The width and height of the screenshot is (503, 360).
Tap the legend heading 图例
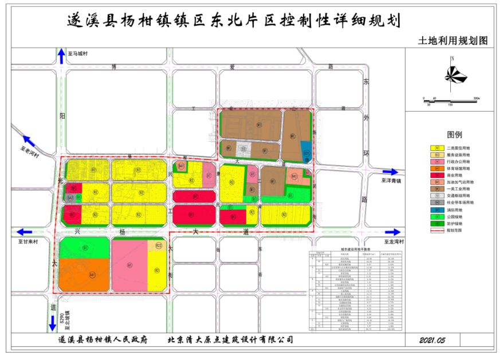[x=454, y=134]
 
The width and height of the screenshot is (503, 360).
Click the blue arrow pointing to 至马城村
[x=61, y=55]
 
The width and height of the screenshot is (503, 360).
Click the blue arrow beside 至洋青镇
[x=392, y=171]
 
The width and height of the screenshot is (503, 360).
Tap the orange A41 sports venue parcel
[x=84, y=275]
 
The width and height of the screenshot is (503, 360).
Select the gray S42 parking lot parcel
[x=70, y=197]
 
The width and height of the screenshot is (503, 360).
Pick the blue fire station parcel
[x=306, y=152]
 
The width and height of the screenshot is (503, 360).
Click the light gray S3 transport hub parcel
[x=244, y=148]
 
